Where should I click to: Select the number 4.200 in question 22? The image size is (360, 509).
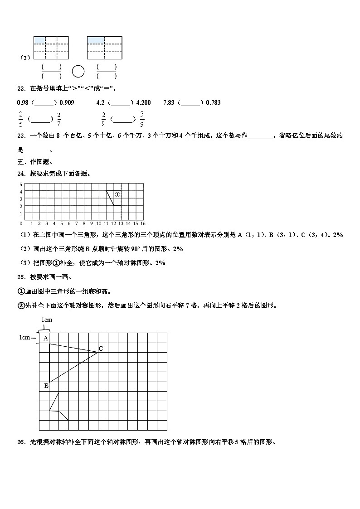pos(143,102)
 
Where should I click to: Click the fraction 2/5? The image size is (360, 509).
pos(20,119)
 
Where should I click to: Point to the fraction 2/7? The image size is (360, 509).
pos(59,119)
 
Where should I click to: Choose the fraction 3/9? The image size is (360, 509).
pos(142,119)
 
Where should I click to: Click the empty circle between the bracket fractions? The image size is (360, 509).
pos(78,72)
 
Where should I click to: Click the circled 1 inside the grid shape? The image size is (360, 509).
pos(117,194)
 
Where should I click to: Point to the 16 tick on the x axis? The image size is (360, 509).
pos(143,223)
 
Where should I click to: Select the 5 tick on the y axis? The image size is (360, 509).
pos(20,184)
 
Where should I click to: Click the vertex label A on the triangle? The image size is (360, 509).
pos(45,338)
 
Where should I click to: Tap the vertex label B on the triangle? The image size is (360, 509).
pos(46,386)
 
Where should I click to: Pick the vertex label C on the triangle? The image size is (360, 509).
pos(101,348)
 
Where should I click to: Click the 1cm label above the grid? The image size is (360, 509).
pos(47,320)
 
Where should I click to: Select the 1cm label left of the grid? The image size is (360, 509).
pos(24,337)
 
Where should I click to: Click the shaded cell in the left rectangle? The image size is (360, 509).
pos(39,40)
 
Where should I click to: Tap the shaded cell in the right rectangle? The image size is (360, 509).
pos(96,40)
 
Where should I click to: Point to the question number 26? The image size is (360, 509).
pos(20,442)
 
